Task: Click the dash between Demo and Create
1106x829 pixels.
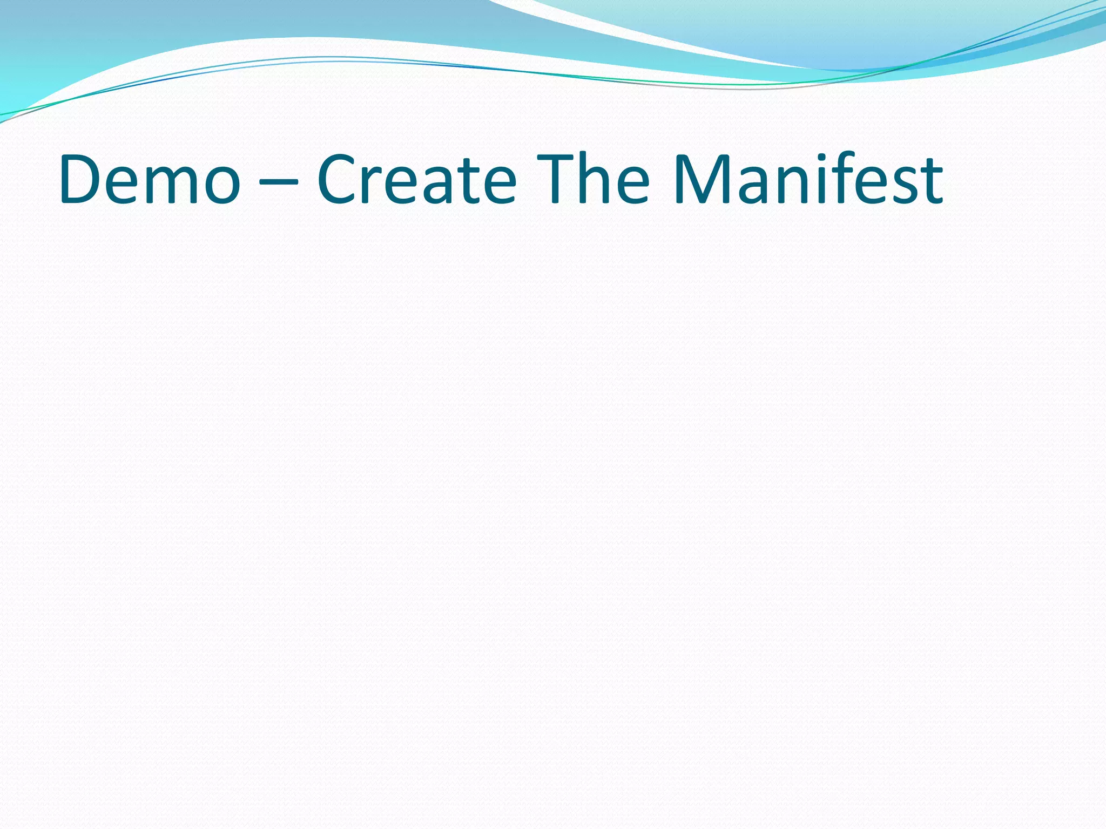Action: click(278, 182)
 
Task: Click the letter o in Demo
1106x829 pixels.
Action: click(220, 186)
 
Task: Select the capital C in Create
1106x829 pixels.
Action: click(338, 179)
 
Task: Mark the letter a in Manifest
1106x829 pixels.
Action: click(752, 186)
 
